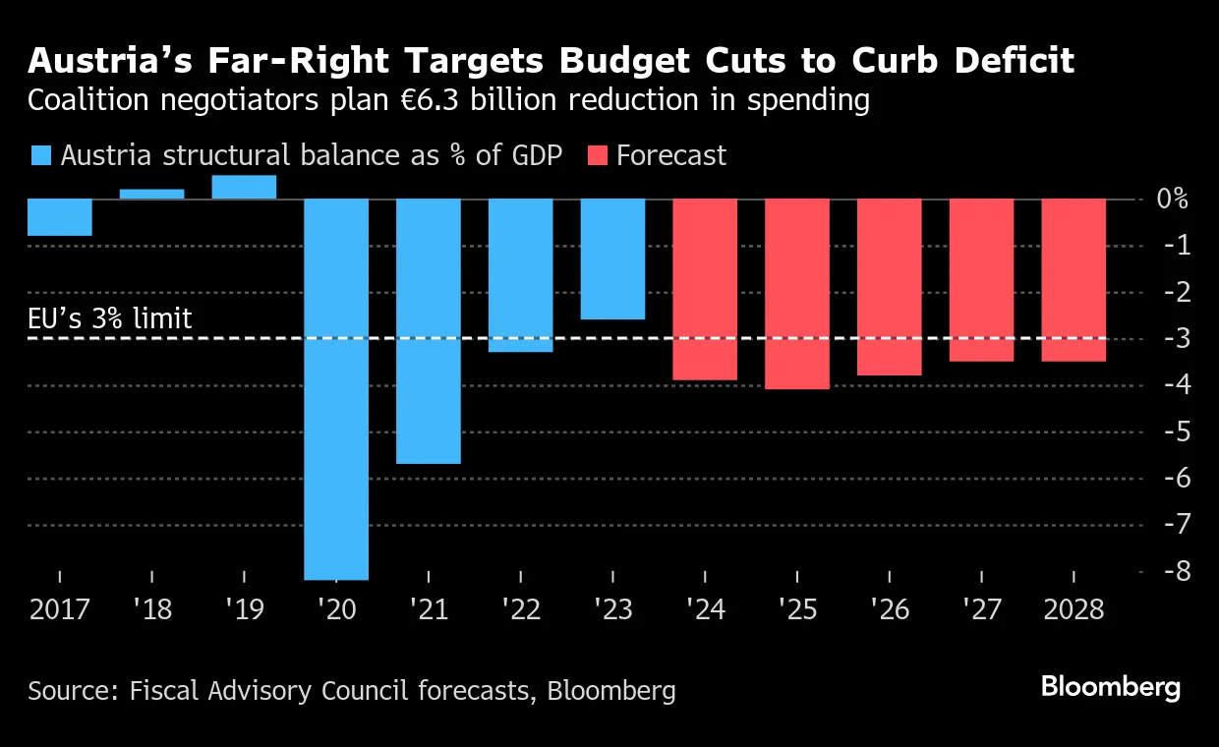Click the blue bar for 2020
click(336, 389)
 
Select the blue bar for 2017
click(59, 217)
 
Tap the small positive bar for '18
click(151, 194)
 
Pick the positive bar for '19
click(244, 187)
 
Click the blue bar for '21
click(429, 331)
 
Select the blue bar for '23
click(613, 259)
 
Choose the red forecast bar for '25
click(797, 294)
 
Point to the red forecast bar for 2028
click(1074, 280)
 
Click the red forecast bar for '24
click(705, 289)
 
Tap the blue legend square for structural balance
click(40, 155)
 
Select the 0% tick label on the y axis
click(1171, 200)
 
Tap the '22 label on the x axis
click(520, 609)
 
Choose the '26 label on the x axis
click(889, 609)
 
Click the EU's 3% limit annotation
click(109, 318)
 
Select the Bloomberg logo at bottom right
click(1111, 687)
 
